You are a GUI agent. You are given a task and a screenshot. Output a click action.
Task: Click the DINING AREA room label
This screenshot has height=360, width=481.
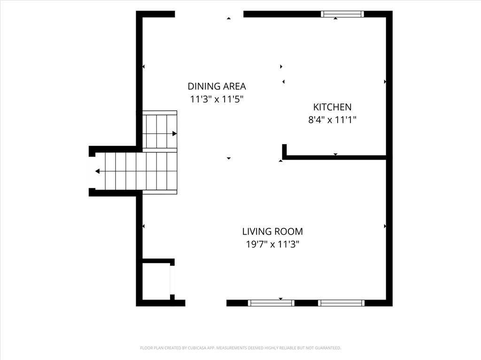(x=217, y=86)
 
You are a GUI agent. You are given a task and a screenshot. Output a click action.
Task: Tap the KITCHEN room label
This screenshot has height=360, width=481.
(x=332, y=107)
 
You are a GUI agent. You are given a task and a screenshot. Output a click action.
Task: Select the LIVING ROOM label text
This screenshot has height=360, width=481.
(x=272, y=231)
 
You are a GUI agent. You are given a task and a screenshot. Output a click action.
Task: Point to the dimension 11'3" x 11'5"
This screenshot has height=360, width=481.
(x=217, y=100)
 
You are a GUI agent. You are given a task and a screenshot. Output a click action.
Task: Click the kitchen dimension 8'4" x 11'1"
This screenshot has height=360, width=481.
(x=332, y=120)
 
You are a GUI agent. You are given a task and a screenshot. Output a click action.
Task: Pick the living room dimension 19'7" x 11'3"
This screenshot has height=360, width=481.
(x=272, y=245)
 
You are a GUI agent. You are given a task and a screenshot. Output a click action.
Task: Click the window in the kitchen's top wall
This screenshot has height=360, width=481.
(x=342, y=14)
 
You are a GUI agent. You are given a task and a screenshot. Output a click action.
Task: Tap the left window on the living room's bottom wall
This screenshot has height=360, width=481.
(x=271, y=303)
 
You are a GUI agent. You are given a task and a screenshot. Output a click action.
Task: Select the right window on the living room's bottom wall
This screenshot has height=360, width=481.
(x=341, y=303)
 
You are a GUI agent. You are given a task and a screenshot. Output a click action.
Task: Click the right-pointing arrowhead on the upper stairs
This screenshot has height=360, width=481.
(x=175, y=134)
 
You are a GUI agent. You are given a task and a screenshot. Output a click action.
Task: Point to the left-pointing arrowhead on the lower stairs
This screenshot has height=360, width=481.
(x=97, y=171)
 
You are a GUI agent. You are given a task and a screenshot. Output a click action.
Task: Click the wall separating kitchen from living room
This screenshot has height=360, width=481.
(x=334, y=158)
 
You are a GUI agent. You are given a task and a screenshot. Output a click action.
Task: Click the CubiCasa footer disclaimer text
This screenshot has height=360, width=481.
(x=240, y=348)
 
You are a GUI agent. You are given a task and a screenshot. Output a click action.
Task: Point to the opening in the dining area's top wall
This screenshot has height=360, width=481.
(x=209, y=14)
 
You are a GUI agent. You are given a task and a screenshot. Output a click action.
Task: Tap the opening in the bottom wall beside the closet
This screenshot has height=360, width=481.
(x=206, y=303)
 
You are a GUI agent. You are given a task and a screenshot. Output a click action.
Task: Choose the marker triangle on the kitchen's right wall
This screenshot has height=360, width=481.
(x=385, y=82)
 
